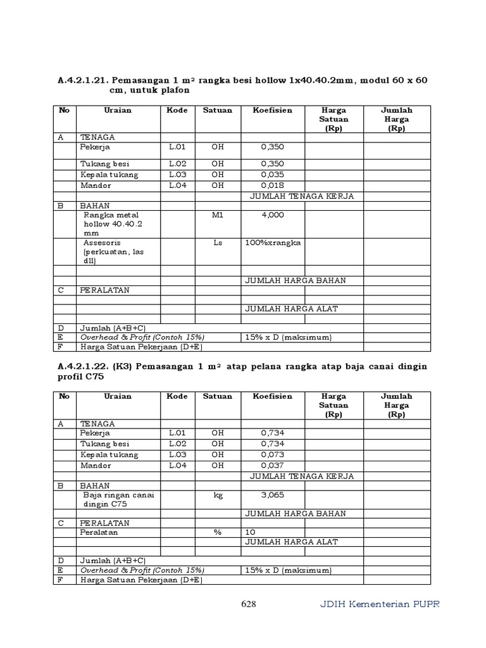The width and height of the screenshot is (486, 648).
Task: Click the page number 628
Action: (249, 604)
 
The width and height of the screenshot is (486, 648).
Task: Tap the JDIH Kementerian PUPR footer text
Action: (379, 604)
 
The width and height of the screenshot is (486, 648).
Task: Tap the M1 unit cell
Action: (218, 215)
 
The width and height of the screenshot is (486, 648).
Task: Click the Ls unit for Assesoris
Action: (218, 242)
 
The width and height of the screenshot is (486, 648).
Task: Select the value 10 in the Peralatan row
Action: (249, 532)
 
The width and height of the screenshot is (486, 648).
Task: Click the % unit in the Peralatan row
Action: (218, 532)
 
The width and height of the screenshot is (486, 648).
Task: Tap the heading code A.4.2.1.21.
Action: (84, 80)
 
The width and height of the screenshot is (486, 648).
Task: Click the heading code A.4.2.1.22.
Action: (84, 367)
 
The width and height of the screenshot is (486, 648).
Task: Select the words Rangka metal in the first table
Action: (111, 215)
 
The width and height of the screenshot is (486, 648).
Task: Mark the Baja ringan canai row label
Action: (119, 495)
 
